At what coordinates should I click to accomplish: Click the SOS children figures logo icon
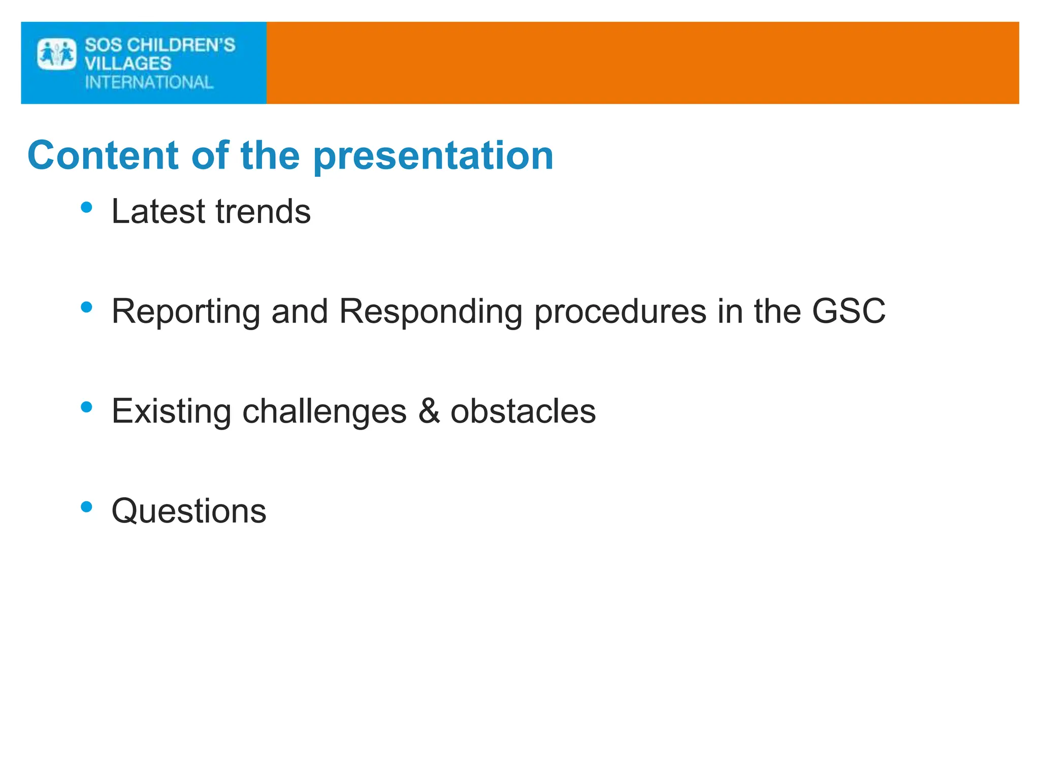point(56,54)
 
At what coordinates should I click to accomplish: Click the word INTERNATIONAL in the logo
point(149,82)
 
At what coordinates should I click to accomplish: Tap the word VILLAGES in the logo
point(128,64)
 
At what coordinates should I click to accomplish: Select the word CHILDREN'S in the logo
point(181,45)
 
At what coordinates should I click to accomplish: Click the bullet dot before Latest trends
point(87,207)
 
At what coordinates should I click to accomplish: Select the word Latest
point(158,211)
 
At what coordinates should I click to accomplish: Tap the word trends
point(263,211)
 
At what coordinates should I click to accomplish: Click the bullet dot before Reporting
point(87,307)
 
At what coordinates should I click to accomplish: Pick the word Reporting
point(186,312)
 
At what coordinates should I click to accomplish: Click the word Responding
point(431,312)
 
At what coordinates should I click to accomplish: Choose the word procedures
point(620,312)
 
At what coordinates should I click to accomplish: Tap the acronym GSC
point(849,311)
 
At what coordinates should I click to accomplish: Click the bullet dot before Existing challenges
point(87,407)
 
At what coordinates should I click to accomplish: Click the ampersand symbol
point(429,411)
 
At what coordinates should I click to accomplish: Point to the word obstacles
point(523,411)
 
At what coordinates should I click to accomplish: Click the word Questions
point(189,511)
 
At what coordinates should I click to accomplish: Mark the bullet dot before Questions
point(87,507)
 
